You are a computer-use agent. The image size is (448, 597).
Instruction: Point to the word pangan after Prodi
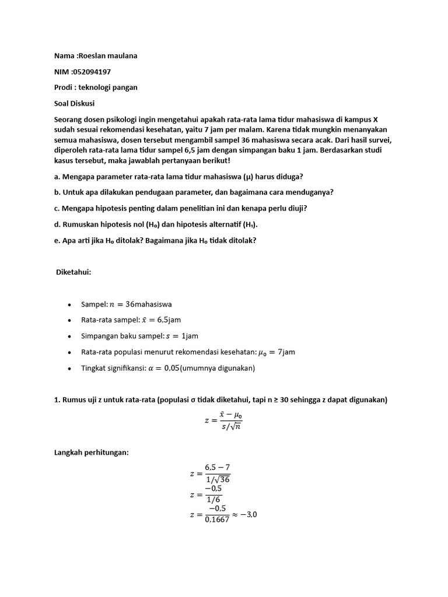click(124, 87)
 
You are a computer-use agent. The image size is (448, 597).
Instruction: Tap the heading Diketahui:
click(74, 272)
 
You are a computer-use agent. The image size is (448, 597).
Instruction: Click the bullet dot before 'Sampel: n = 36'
click(70, 304)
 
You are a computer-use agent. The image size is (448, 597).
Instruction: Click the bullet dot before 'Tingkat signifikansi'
click(70, 368)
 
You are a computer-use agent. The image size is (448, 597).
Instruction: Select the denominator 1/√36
click(218, 479)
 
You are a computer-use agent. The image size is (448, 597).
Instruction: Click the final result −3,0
click(244, 515)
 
